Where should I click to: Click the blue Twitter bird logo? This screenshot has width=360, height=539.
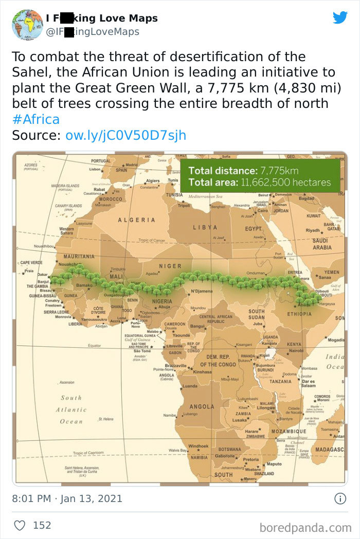click(x=340, y=17)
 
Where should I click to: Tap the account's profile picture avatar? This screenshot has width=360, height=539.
click(x=27, y=25)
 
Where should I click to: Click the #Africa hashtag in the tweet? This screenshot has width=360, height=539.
click(x=35, y=120)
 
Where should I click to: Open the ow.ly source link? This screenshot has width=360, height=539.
click(x=125, y=135)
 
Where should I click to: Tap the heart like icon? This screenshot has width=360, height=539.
click(x=20, y=525)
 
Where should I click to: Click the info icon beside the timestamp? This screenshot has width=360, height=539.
click(x=339, y=498)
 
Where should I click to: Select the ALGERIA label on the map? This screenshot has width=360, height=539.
click(x=137, y=220)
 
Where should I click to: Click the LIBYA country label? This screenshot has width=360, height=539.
click(x=205, y=227)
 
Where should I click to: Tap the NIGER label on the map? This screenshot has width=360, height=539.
click(x=170, y=266)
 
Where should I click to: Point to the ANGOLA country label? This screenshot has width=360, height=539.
click(x=202, y=406)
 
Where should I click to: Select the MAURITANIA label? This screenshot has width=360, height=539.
click(x=79, y=256)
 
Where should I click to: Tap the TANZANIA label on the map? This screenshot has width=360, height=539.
click(x=280, y=381)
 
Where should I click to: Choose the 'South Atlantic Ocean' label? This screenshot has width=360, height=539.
click(x=71, y=410)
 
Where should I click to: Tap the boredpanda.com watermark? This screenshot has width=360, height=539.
click(x=305, y=527)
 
